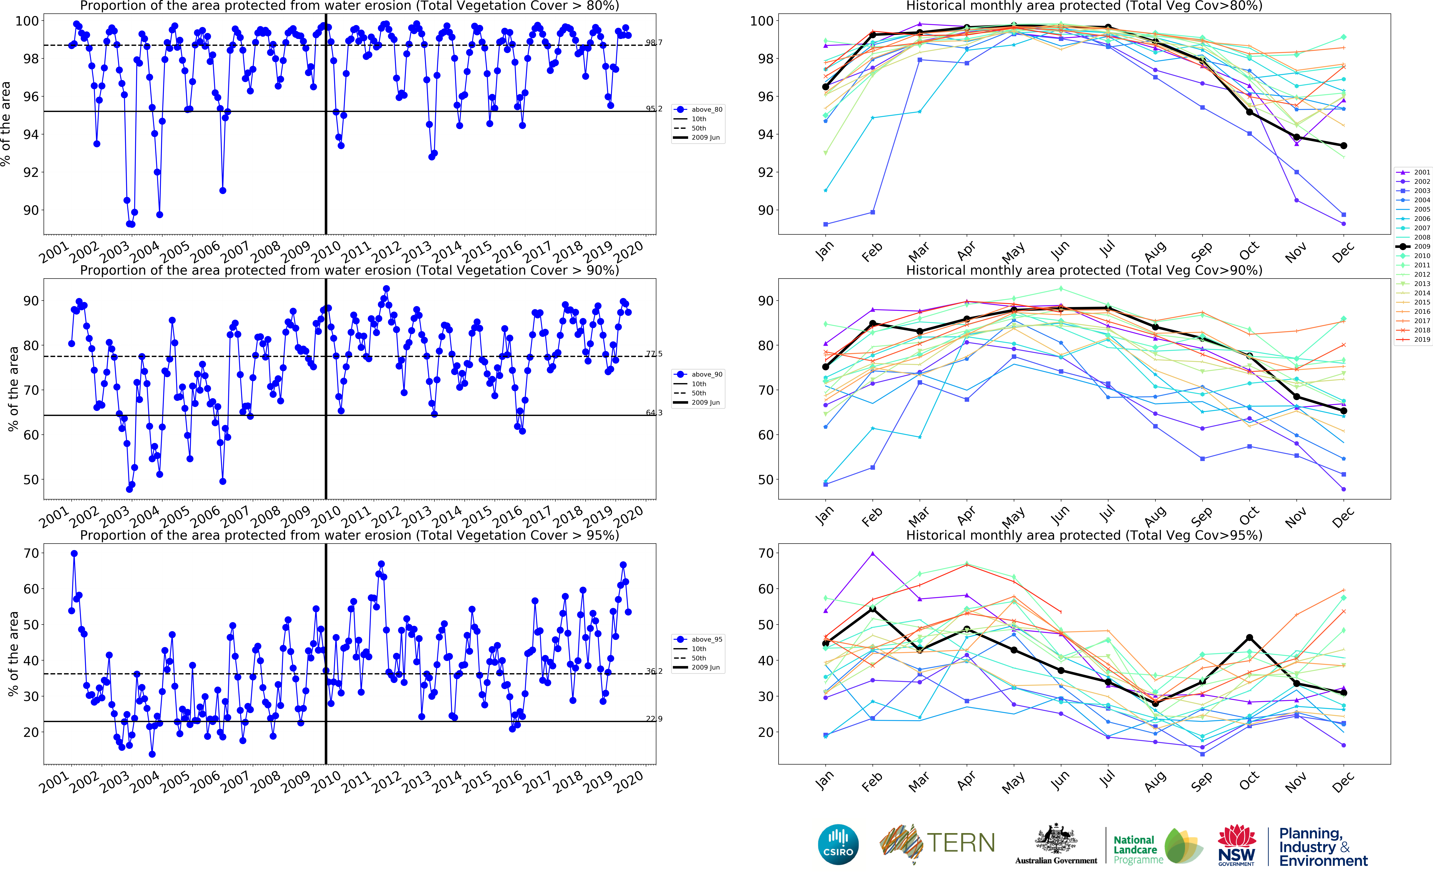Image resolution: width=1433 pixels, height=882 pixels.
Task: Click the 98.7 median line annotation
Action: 654,43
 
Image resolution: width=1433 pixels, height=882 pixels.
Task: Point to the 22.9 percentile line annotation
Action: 654,719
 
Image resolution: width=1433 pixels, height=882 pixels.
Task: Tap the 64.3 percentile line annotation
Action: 654,412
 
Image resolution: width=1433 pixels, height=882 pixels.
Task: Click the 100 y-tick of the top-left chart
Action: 27,21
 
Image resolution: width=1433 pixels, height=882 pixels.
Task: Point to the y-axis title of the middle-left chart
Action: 13,389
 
